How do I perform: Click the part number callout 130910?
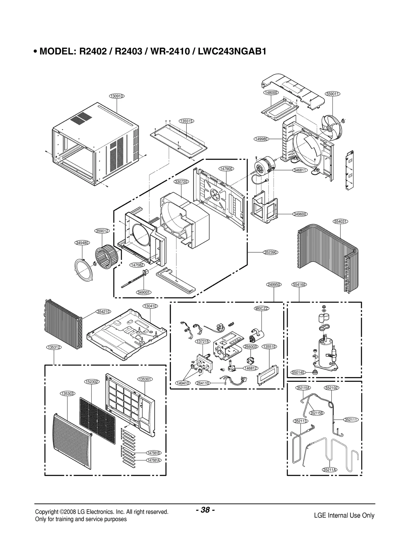(117, 96)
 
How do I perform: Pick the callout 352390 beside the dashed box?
(271, 252)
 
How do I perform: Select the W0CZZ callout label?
(262, 308)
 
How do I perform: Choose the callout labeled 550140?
(298, 373)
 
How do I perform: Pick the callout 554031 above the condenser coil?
(341, 222)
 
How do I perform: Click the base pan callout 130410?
(150, 306)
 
